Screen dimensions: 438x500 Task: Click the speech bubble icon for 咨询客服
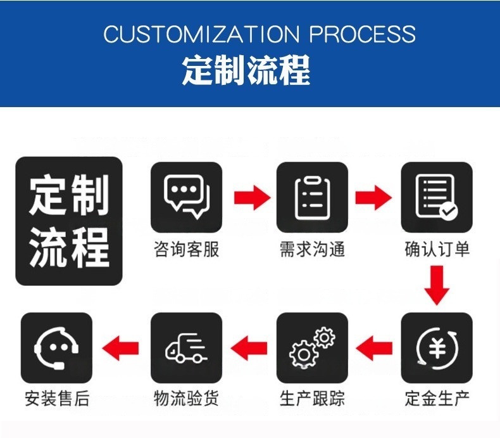click(186, 197)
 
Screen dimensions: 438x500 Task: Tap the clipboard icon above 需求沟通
click(312, 197)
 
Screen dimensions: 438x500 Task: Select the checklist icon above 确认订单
click(437, 197)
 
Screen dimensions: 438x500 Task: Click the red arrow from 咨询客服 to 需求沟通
click(252, 197)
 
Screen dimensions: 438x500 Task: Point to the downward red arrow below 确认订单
click(437, 286)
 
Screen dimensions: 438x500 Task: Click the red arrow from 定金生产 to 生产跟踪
click(374, 347)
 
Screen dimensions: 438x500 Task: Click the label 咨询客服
click(186, 249)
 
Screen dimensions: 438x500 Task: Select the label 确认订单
click(437, 249)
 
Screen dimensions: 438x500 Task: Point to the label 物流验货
click(186, 399)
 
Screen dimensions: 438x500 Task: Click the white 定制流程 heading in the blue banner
click(246, 70)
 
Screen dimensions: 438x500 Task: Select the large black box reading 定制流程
click(68, 221)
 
